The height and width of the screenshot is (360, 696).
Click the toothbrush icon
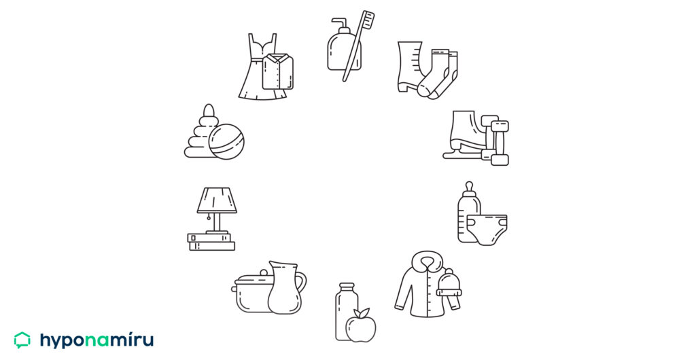tap(358, 46)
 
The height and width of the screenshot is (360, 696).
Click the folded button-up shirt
tap(277, 71)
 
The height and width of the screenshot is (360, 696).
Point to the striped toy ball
tap(226, 141)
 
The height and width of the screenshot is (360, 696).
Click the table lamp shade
tap(217, 200)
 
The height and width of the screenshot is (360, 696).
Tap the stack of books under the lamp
tap(211, 242)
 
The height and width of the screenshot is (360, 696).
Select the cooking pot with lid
tap(251, 293)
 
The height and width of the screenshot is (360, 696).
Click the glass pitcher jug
tap(286, 287)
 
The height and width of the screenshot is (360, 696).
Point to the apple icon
tap(361, 326)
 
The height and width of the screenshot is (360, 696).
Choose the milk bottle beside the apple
tap(345, 311)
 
